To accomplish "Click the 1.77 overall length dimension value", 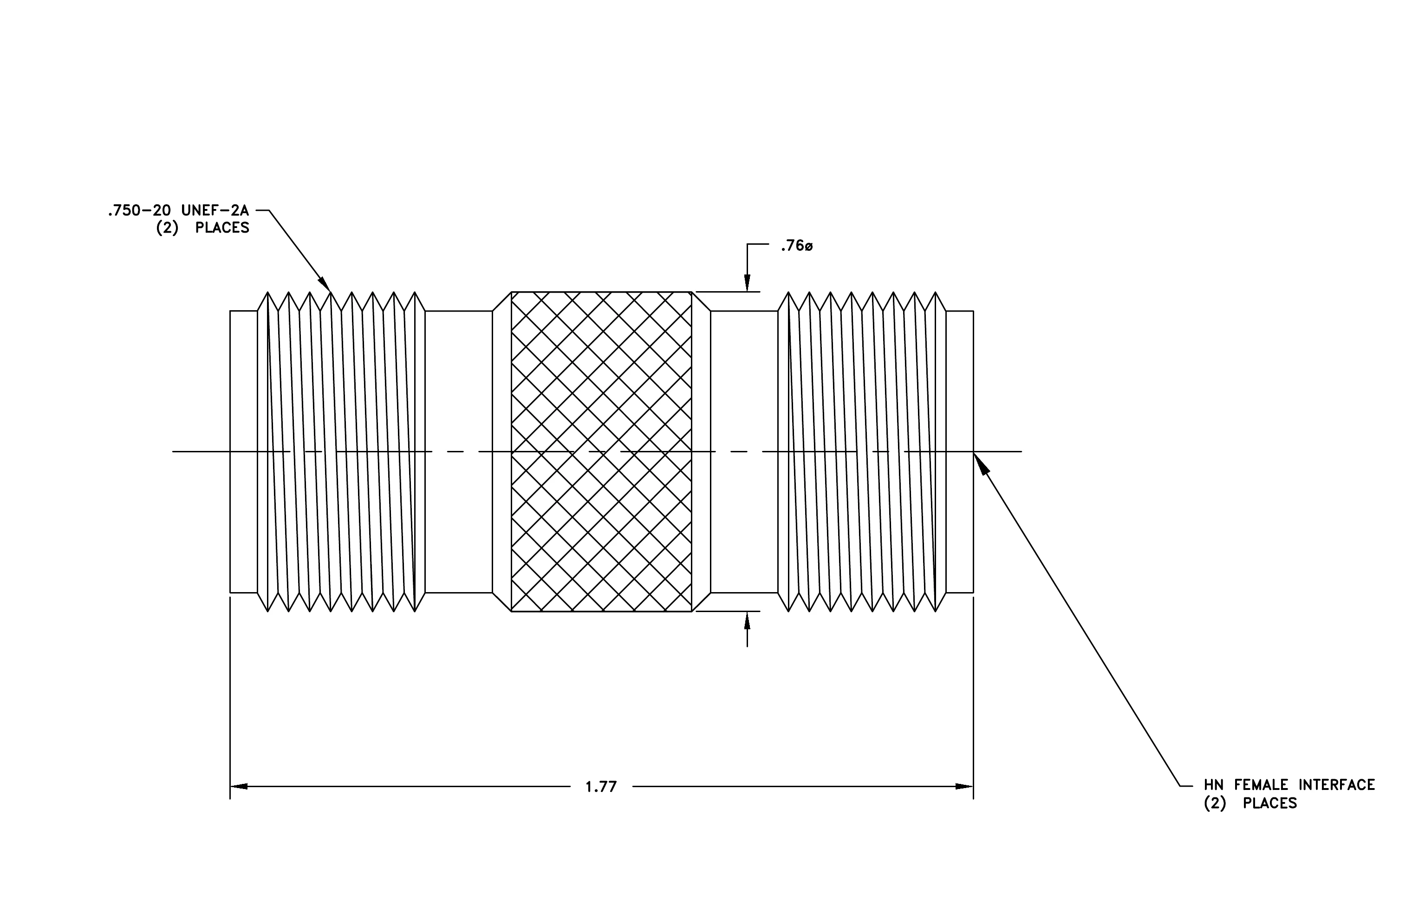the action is [601, 787].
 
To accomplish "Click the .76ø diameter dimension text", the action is [796, 246].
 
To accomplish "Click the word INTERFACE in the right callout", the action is [1337, 785].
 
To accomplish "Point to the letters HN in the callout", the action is [1214, 785].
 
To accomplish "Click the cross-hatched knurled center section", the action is [601, 451].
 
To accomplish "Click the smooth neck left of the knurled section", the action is [459, 451].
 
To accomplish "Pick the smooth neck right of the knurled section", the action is [744, 451].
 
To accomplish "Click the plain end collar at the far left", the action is [244, 451].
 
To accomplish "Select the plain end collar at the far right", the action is [960, 451].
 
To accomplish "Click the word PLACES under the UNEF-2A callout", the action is [222, 228].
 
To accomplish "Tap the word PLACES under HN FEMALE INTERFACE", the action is [1270, 803].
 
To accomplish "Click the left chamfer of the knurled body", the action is [502, 451].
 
